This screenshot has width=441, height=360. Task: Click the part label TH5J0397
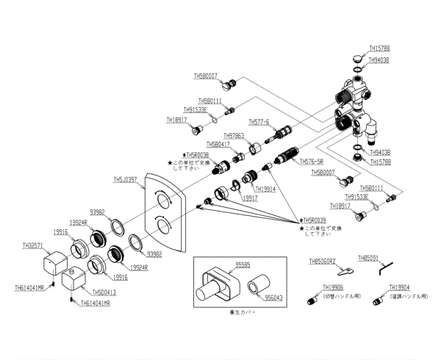(x=126, y=179)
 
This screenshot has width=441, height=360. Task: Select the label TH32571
(x=33, y=245)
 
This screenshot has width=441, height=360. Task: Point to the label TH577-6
(x=259, y=121)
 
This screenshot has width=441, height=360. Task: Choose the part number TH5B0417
(x=218, y=145)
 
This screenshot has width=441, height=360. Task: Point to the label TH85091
(x=369, y=259)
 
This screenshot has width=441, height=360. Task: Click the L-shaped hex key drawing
(x=382, y=271)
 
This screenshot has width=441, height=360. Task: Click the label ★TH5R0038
(x=196, y=155)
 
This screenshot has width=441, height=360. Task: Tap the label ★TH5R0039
(x=312, y=220)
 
